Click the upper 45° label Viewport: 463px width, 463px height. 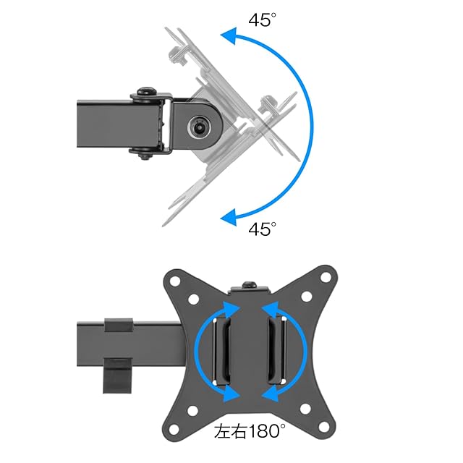(x=262, y=20)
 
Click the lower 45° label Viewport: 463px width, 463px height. (x=262, y=229)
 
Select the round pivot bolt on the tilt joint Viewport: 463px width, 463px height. (x=200, y=127)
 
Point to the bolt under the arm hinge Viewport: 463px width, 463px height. (x=145, y=156)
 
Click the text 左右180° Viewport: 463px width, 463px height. (x=250, y=431)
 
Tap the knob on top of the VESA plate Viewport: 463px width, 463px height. (x=250, y=285)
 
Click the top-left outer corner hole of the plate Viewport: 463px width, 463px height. (x=175, y=281)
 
